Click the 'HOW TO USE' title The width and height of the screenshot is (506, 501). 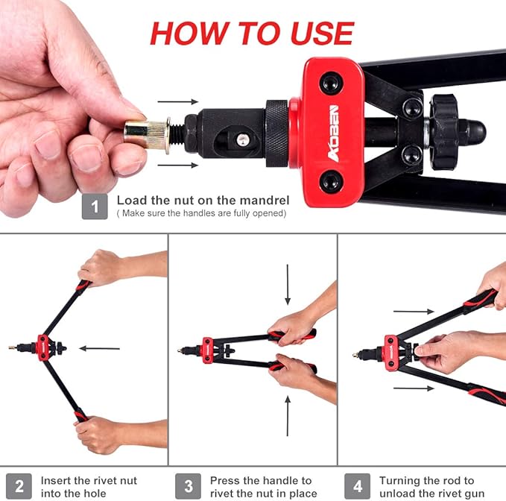coord(251,34)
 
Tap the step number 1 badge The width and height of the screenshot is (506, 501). coord(95,207)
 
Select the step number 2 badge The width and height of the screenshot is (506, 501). coord(19,485)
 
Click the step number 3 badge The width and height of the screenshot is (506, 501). coord(188,485)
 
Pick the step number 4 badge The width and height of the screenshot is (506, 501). coord(357,485)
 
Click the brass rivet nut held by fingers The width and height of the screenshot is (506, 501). coord(146,135)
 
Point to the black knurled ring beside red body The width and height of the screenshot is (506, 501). coord(276,133)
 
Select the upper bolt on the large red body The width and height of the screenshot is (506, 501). coord(331,82)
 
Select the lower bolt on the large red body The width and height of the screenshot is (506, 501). coord(331,181)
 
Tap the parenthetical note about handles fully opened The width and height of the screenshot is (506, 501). coord(201,214)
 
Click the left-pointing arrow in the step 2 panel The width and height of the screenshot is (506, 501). coord(99,348)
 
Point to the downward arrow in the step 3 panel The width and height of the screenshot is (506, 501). coord(288,285)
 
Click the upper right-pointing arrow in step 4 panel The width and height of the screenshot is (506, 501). coord(413,311)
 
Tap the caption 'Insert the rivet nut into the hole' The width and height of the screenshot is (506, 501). coord(89,487)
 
